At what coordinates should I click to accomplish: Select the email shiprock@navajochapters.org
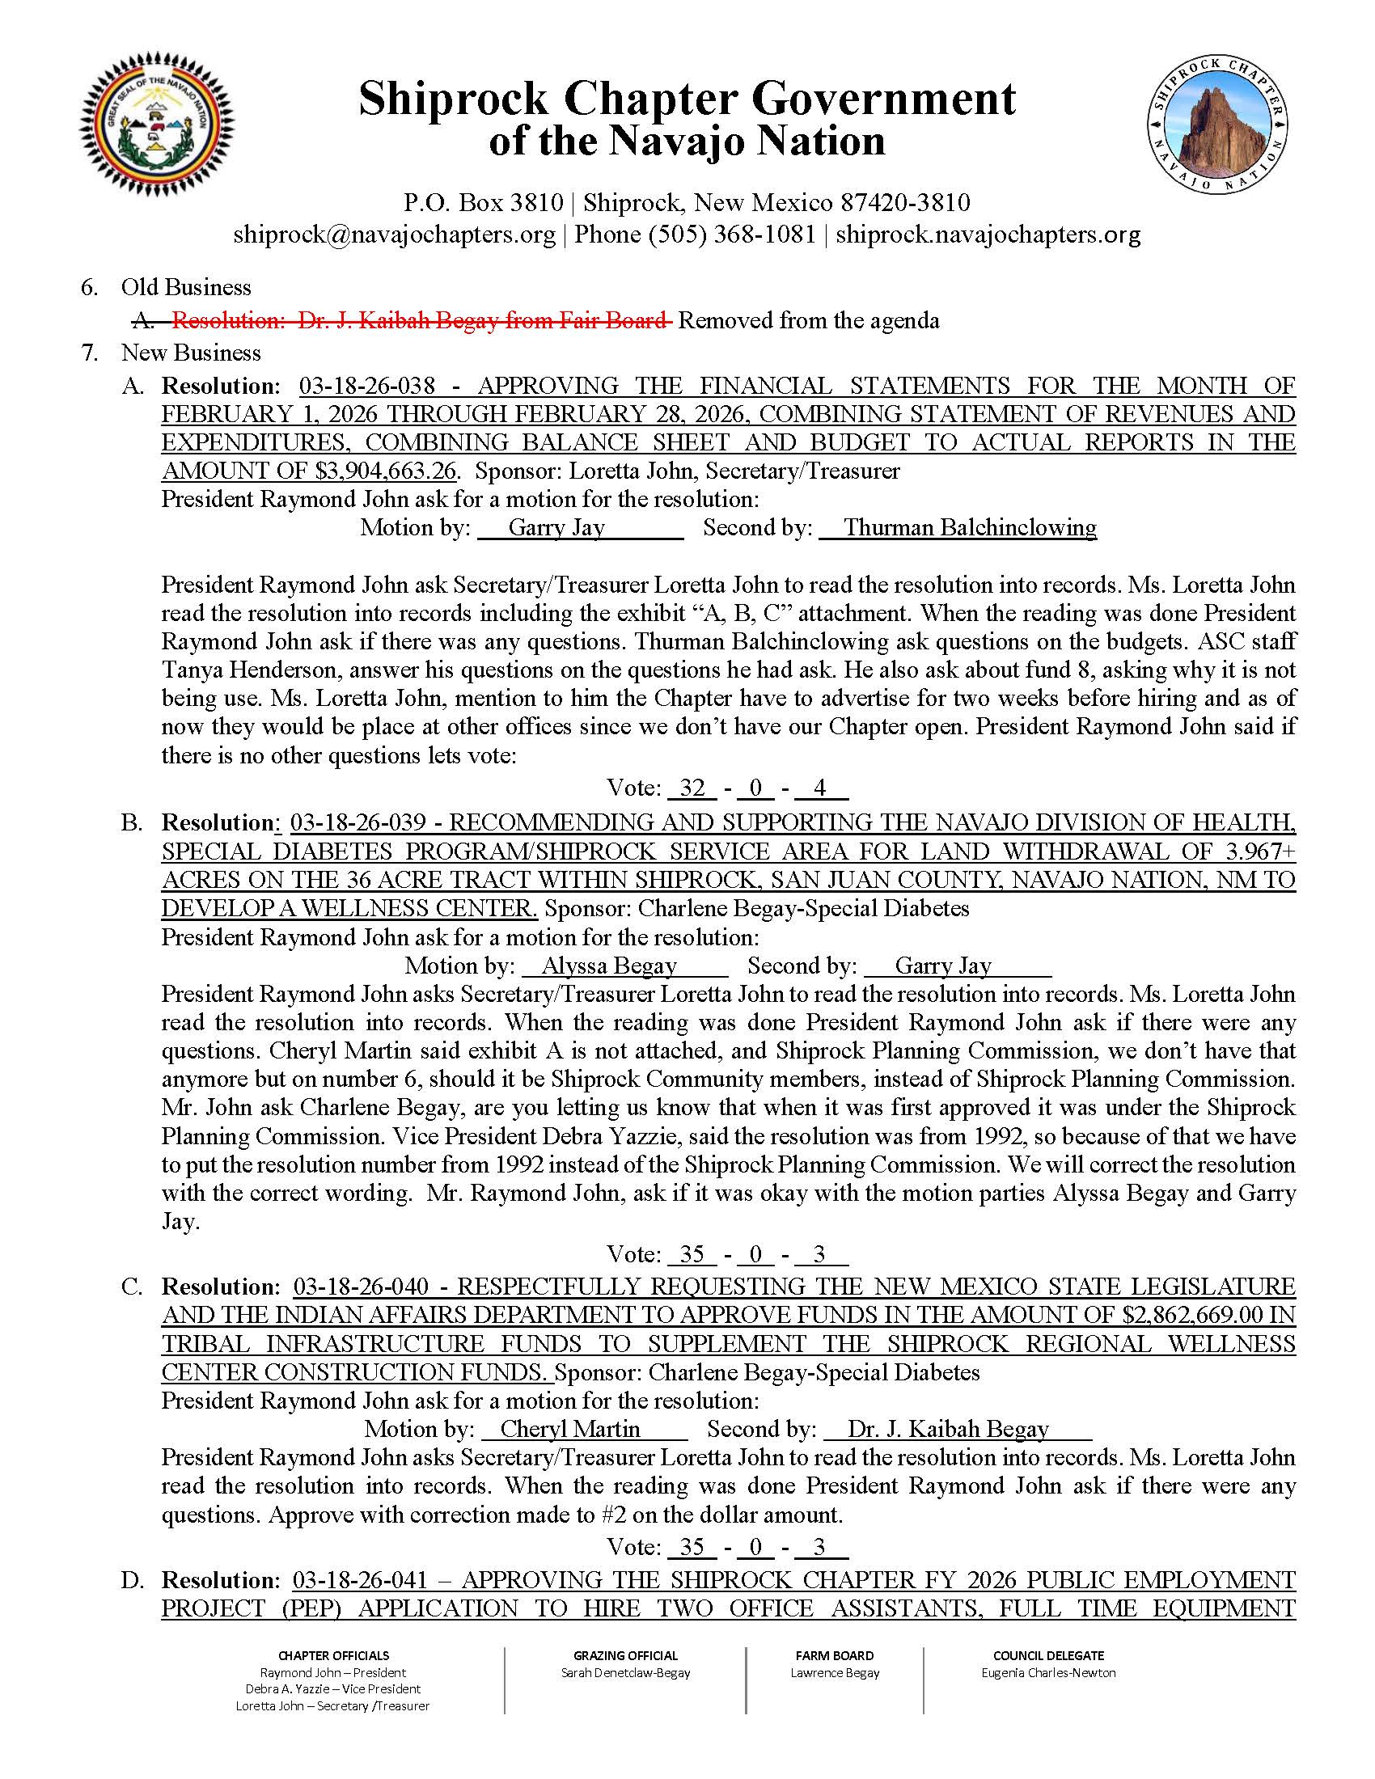click(x=394, y=235)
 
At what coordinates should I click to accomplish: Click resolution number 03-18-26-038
click(x=367, y=385)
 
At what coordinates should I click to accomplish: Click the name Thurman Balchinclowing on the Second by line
click(x=969, y=528)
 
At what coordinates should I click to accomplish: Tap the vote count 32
click(x=692, y=788)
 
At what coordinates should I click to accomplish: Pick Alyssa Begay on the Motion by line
click(x=609, y=966)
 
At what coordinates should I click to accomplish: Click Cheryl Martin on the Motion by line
click(x=570, y=1430)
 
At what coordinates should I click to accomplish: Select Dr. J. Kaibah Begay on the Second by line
click(x=947, y=1430)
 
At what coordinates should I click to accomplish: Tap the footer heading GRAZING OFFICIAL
click(x=624, y=1655)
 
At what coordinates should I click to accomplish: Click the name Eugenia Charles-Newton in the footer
click(x=1048, y=1672)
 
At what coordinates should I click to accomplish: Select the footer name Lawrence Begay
click(x=835, y=1672)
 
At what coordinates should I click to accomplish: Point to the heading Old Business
click(x=187, y=288)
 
